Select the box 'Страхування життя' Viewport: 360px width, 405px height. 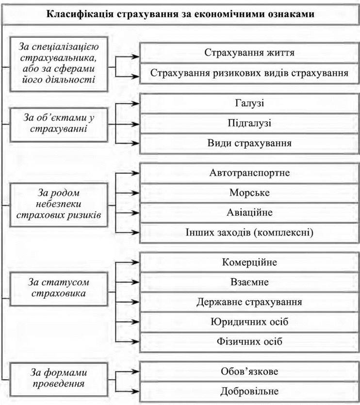[249, 52]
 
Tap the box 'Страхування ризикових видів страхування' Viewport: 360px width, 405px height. [249, 73]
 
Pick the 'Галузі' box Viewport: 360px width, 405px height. [249, 103]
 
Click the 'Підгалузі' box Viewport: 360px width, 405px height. [249, 124]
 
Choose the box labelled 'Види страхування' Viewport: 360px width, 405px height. [249, 144]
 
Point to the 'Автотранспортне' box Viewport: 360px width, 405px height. [249, 173]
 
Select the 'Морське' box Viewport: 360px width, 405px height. [249, 193]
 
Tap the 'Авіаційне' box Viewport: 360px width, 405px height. [249, 212]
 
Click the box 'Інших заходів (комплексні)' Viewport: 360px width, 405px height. [249, 233]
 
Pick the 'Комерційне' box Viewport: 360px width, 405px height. [249, 262]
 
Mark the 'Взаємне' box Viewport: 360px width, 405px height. [249, 282]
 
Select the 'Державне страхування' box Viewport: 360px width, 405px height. [249, 302]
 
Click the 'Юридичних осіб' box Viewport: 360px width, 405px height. [249, 322]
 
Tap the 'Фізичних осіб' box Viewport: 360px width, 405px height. [249, 341]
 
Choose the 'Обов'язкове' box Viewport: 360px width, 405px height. [249, 372]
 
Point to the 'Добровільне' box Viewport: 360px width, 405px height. [249, 391]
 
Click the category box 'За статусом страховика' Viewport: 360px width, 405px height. [59, 287]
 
